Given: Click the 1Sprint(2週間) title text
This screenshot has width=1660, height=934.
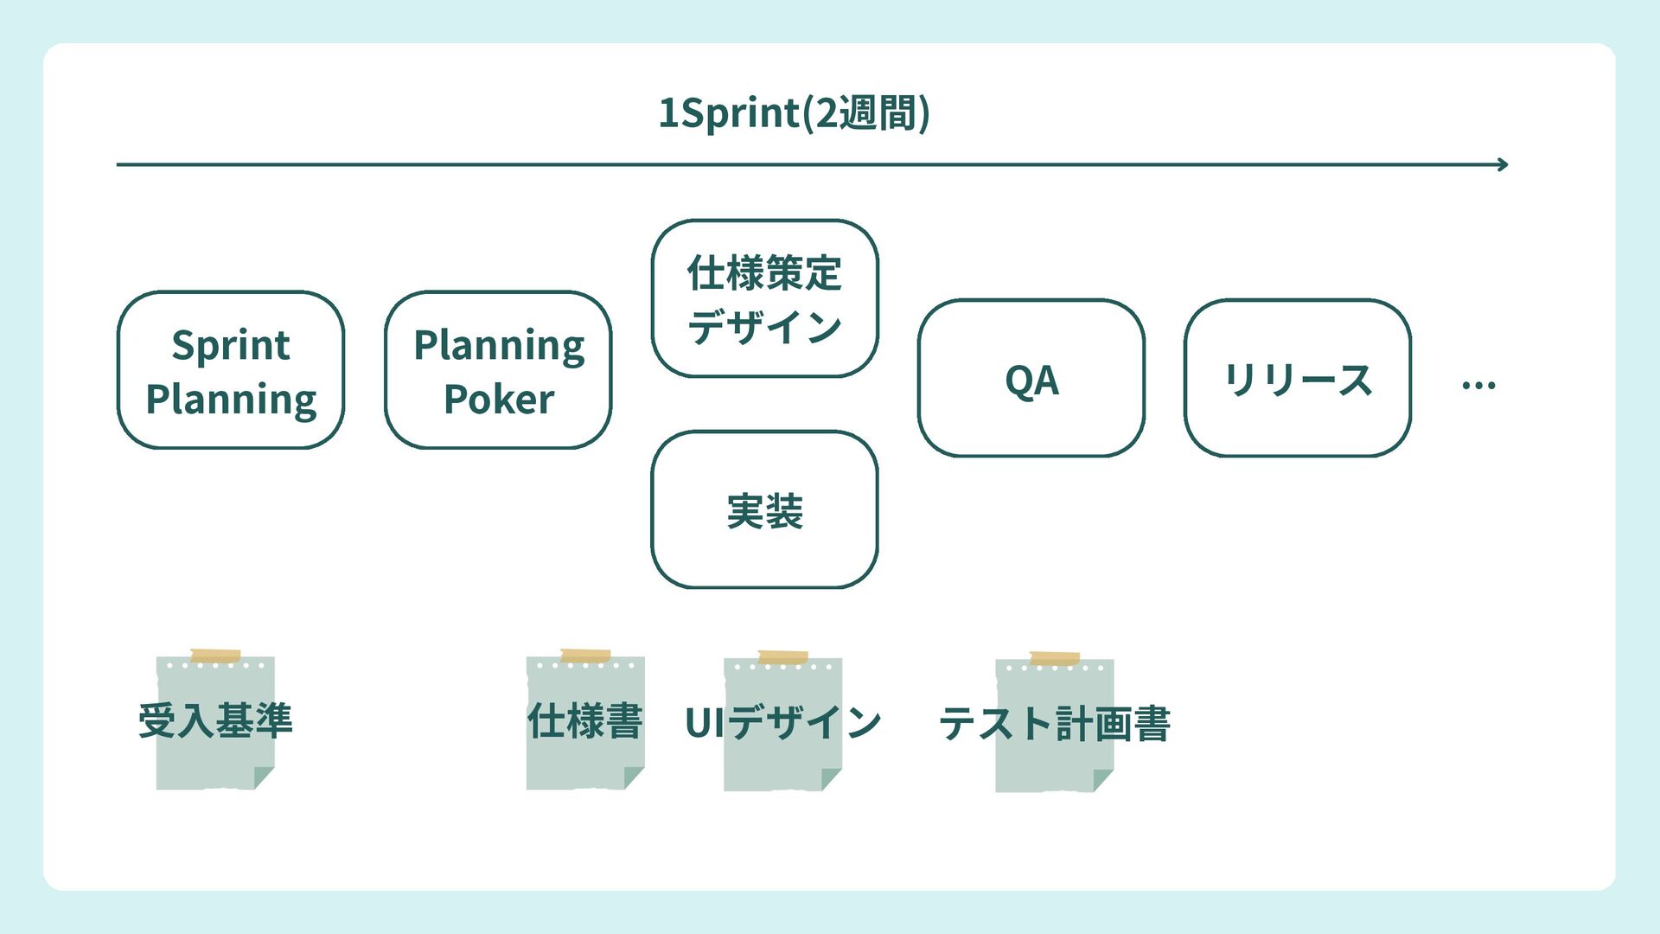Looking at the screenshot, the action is pyautogui.click(x=794, y=113).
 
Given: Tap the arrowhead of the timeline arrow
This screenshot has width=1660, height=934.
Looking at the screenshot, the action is pyautogui.click(x=1504, y=164).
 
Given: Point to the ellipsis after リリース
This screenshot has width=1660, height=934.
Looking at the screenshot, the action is pyautogui.click(x=1478, y=386).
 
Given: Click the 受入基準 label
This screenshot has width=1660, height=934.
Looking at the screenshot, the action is pyautogui.click(x=215, y=720).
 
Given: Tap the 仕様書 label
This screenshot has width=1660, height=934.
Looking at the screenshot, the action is pyautogui.click(x=585, y=721).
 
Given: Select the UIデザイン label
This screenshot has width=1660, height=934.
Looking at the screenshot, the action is pyautogui.click(x=783, y=722).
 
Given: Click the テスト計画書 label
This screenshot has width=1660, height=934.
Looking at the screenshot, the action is pyautogui.click(x=1054, y=724).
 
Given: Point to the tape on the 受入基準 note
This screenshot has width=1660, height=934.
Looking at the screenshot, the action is pyautogui.click(x=215, y=656).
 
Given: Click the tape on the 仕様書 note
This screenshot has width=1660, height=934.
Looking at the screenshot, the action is pyautogui.click(x=585, y=656).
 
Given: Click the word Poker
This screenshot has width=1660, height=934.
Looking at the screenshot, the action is pyautogui.click(x=499, y=400).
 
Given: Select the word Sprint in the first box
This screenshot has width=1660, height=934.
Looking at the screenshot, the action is pyautogui.click(x=231, y=346).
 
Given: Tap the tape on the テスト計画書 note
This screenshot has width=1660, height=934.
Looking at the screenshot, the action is pyautogui.click(x=1055, y=659).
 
